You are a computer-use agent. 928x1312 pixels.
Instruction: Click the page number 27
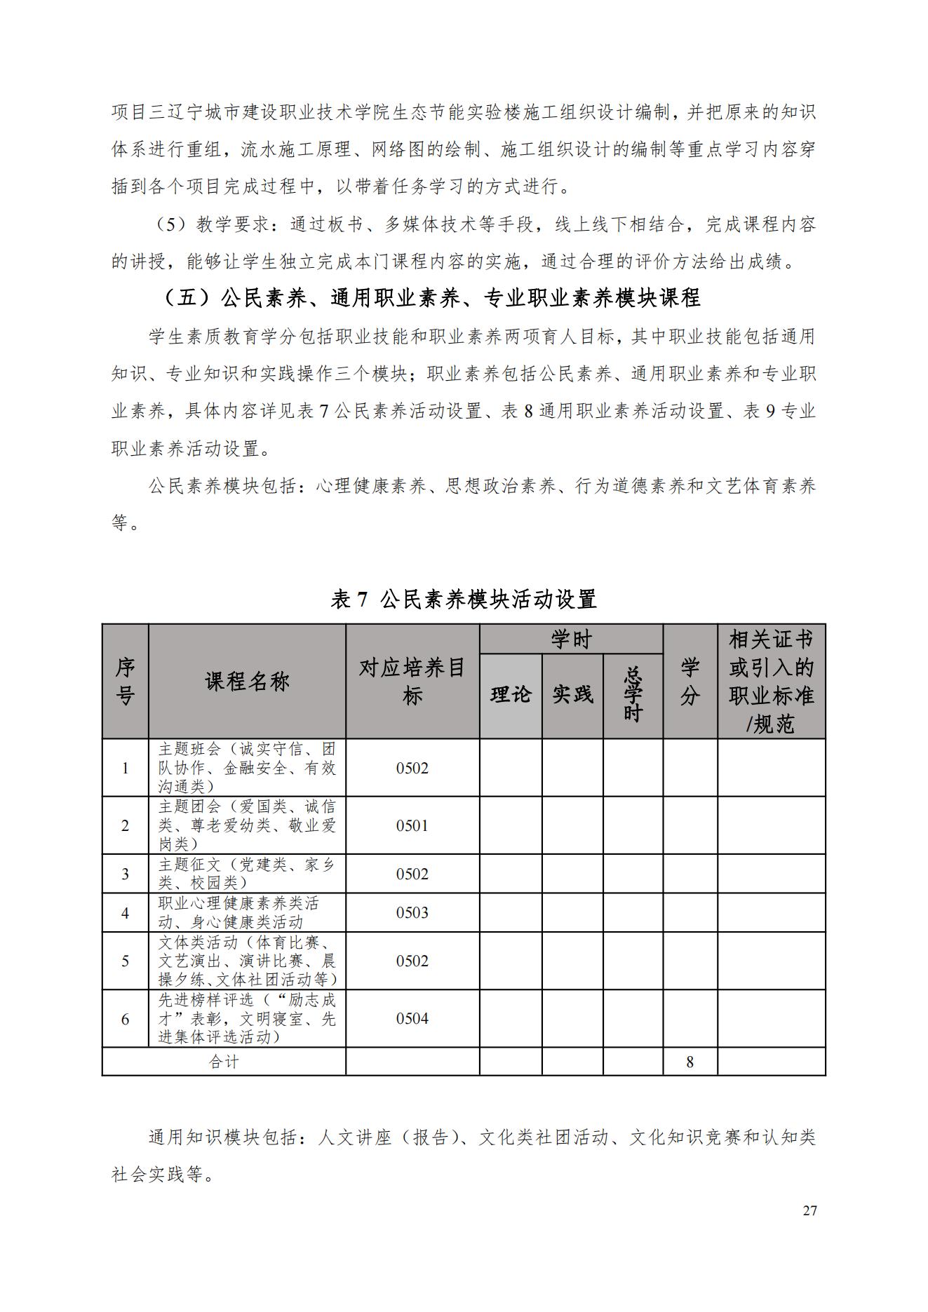click(809, 1210)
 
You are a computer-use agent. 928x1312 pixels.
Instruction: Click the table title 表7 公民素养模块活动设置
click(464, 599)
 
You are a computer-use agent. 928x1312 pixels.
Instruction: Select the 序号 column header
click(125, 681)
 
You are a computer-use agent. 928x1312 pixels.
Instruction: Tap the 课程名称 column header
click(247, 681)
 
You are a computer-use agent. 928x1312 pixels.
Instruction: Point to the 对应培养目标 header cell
click(412, 681)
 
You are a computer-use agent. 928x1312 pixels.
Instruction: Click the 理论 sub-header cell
click(510, 695)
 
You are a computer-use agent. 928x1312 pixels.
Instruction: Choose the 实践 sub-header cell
click(572, 695)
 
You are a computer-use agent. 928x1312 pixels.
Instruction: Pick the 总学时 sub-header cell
click(633, 695)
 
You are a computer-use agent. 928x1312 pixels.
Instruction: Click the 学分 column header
click(690, 681)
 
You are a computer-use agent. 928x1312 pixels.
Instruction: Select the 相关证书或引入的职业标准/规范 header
click(771, 681)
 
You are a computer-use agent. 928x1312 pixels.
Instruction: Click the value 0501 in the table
click(412, 825)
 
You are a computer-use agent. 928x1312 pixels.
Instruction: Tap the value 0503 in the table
click(412, 912)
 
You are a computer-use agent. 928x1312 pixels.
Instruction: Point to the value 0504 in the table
click(412, 1018)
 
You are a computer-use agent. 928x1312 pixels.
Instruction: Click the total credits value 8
click(690, 1062)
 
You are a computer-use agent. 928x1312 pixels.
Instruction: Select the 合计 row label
click(224, 1062)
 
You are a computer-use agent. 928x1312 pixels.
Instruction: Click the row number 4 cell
click(125, 912)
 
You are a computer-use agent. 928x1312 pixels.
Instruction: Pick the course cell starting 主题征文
click(247, 874)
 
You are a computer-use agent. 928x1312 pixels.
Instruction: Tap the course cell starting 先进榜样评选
click(247, 1018)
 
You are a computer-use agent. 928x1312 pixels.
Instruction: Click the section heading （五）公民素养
click(431, 298)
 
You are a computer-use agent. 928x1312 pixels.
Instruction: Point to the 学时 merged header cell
click(571, 639)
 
